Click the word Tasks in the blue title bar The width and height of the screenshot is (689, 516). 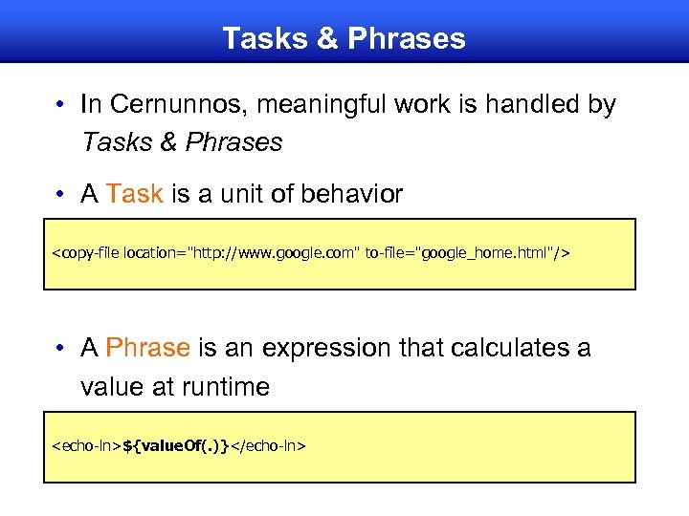259,38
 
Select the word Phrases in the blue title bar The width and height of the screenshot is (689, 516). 407,38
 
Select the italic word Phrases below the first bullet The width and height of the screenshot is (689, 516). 234,142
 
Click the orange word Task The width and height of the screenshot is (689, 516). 135,194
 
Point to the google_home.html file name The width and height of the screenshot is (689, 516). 488,253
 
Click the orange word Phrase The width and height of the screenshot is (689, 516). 148,348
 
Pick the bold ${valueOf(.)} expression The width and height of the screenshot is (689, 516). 176,446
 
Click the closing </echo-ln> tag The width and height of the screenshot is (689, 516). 268,446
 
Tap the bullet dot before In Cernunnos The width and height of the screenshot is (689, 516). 60,104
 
